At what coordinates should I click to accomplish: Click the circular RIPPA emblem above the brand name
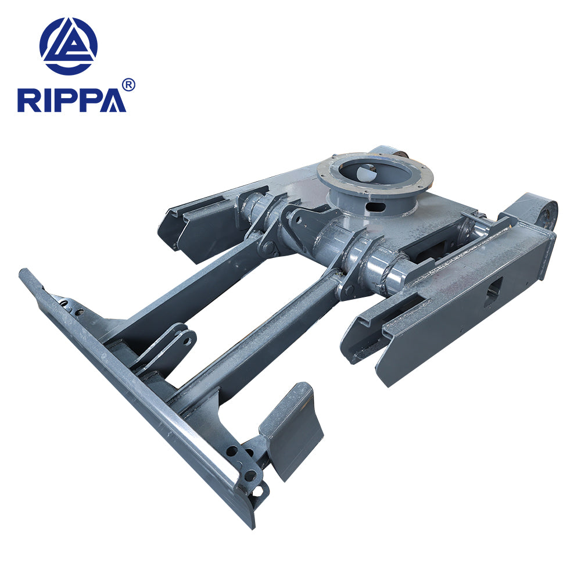point(69,46)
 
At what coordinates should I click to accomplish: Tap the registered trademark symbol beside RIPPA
point(129,85)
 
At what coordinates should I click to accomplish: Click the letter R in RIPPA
point(28,100)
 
